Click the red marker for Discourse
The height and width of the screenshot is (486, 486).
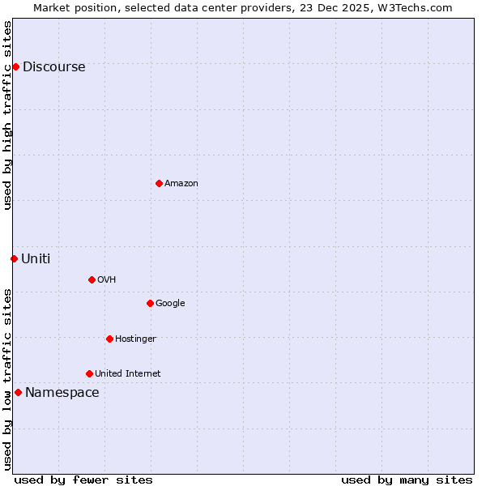(x=15, y=66)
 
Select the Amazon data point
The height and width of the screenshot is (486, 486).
(x=159, y=183)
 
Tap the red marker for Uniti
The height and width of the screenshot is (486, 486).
(x=14, y=258)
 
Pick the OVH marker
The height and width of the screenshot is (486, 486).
(x=92, y=279)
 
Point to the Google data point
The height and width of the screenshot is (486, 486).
(x=150, y=303)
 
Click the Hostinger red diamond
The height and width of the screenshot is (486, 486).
(x=109, y=339)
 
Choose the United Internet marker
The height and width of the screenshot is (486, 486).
(x=89, y=373)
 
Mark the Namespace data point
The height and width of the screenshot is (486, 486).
(x=18, y=392)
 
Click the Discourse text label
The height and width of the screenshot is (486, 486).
(x=53, y=67)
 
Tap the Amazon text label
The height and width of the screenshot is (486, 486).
(x=181, y=184)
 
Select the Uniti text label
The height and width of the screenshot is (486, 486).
(x=36, y=259)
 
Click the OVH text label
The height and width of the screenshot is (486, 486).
(x=106, y=280)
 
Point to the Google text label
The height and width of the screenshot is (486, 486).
(x=170, y=304)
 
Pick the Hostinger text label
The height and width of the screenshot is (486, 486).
(x=135, y=339)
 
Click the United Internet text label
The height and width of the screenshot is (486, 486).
(x=127, y=374)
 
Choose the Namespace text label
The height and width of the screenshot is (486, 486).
(x=62, y=393)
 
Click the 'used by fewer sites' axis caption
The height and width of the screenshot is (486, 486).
(x=83, y=480)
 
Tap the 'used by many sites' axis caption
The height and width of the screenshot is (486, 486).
(x=407, y=480)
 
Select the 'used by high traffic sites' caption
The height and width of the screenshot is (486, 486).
(x=7, y=115)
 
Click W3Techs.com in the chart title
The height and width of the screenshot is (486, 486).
(x=417, y=7)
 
